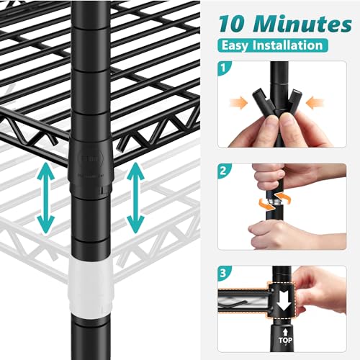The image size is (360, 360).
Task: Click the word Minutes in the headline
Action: (302, 24)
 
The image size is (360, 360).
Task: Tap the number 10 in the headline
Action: (233, 24)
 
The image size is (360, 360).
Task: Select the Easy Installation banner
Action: (273, 45)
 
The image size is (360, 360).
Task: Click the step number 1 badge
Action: (223, 68)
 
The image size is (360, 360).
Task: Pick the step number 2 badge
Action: (223, 171)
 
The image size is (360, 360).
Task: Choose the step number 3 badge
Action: (223, 273)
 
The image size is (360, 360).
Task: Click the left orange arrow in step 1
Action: (238, 103)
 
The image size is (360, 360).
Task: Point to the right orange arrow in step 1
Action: (315, 103)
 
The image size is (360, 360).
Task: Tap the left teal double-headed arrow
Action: (46, 198)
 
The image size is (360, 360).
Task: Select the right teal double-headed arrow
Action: (135, 198)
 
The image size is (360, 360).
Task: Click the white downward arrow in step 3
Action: (284, 302)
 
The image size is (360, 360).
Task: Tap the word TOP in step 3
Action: (285, 340)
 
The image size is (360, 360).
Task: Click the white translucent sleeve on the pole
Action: (91, 288)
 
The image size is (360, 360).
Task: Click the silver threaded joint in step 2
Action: (274, 204)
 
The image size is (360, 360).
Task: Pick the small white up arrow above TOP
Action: (285, 333)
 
